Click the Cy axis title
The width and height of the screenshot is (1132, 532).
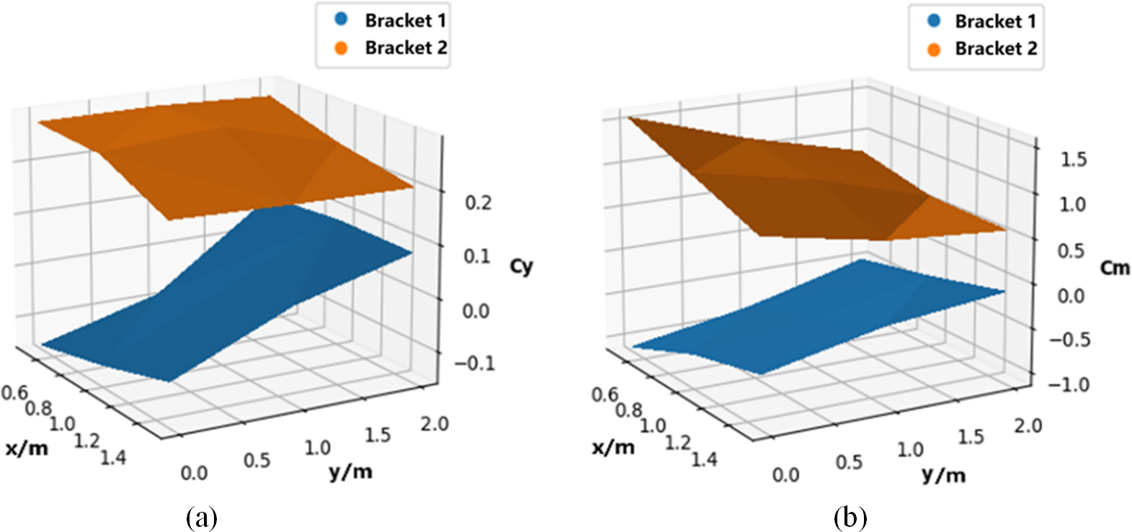521,266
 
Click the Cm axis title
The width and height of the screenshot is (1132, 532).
1115,269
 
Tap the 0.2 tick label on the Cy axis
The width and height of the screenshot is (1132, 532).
478,202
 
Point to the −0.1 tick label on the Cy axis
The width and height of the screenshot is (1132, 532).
475,362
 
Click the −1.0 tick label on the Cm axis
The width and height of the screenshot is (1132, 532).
1069,384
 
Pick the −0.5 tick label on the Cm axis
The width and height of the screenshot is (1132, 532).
1069,340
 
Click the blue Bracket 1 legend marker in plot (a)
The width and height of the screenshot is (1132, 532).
342,19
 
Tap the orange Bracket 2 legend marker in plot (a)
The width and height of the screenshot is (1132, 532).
342,48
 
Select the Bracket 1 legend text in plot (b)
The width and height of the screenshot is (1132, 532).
996,22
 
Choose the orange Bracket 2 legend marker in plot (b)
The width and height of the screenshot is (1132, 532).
934,49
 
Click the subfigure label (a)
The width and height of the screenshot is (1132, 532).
201,518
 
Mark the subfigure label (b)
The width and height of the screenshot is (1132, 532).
850,518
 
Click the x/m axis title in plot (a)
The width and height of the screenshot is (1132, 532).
27,448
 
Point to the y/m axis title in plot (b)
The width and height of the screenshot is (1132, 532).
943,474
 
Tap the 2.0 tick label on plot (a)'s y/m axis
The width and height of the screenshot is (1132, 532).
434,424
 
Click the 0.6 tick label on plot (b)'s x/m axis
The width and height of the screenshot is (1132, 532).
605,395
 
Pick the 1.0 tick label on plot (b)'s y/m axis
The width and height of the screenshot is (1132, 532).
910,450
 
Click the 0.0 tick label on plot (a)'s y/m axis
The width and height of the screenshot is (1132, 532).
194,473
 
